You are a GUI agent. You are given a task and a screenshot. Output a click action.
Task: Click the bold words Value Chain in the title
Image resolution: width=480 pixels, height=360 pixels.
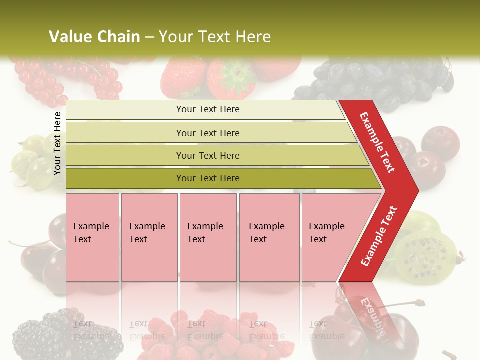pos(94,37)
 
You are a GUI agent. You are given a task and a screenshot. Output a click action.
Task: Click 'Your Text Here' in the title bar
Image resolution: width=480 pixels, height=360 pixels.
pos(215,37)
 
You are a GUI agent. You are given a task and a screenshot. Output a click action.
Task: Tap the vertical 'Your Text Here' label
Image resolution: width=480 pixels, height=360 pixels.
pos(58,144)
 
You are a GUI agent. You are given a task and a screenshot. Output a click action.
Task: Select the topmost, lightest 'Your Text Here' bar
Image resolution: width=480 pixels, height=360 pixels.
pos(207,109)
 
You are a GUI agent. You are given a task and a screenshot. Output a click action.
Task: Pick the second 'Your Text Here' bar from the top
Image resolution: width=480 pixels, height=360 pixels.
pos(207,133)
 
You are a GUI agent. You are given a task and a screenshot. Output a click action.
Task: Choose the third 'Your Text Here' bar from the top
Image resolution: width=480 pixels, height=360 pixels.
pos(207,155)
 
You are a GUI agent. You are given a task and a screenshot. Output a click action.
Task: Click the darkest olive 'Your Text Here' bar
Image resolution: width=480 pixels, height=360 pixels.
pos(207,178)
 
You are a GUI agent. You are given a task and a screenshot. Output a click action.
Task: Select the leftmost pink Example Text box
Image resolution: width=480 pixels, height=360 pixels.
pos(92,237)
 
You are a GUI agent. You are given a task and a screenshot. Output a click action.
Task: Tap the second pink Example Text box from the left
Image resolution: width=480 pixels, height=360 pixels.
pos(149,237)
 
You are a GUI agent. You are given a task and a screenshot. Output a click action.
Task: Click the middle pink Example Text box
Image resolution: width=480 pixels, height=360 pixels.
pos(208,237)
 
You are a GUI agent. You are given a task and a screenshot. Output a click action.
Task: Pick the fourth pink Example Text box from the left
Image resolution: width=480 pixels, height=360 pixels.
pos(269,237)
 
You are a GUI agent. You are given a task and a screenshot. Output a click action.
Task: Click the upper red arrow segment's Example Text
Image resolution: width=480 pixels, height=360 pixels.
pos(377,142)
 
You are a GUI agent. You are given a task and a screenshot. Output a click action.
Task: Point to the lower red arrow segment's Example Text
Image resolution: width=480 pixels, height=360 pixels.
pos(379,236)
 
